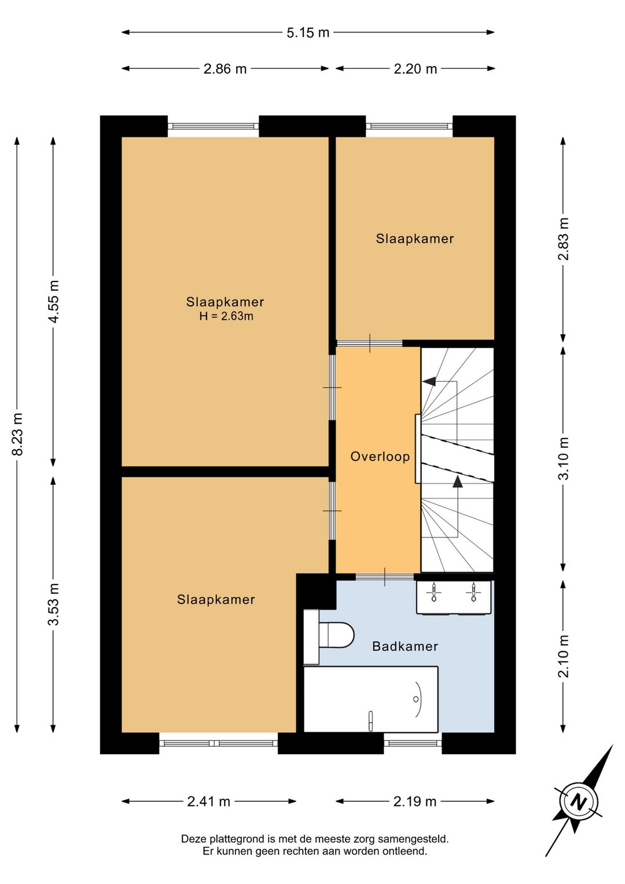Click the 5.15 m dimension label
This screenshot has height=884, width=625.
coord(307,32)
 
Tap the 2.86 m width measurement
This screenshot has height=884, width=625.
coord(225,69)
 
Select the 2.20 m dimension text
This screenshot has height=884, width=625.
coord(416,69)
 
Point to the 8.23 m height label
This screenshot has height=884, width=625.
coord(17,434)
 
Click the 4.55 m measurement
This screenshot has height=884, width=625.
coord(54,302)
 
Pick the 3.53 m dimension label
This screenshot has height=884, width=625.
coord(54,604)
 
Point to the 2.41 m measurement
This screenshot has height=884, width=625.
coord(208,802)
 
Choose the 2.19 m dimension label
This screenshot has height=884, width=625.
coord(415,802)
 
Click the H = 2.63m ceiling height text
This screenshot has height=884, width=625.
coord(226,316)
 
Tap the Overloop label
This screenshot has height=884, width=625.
coord(380,456)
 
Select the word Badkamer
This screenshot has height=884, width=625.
coord(405,646)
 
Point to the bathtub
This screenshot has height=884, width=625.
coord(371,699)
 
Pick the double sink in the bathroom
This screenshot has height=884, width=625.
coord(454,597)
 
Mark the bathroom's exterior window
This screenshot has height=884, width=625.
coord(413,743)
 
